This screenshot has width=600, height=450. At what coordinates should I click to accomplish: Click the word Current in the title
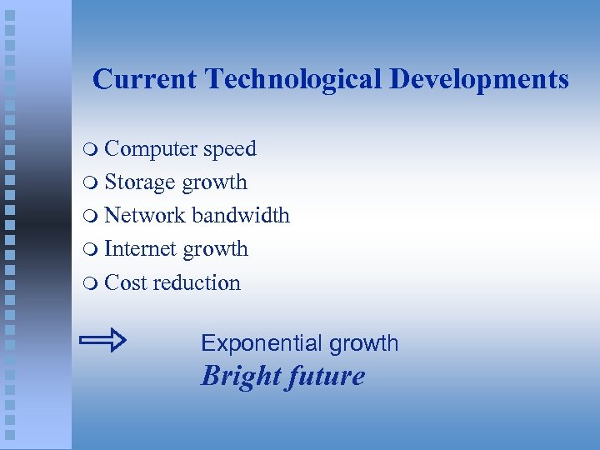pyautogui.click(x=145, y=79)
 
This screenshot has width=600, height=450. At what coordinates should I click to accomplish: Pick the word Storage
pyautogui.click(x=140, y=182)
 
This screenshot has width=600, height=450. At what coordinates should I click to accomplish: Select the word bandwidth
pyautogui.click(x=241, y=216)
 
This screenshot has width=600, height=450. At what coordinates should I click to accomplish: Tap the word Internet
pyautogui.click(x=141, y=249)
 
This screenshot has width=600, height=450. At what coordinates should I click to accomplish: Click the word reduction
pyautogui.click(x=197, y=282)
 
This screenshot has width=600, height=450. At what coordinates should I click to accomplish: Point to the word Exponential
pyautogui.click(x=262, y=343)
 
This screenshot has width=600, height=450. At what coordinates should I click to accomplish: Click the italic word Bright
pyautogui.click(x=240, y=376)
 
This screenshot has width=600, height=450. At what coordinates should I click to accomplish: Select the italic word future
pyautogui.click(x=327, y=376)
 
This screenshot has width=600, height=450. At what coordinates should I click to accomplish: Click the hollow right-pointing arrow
pyautogui.click(x=102, y=340)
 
